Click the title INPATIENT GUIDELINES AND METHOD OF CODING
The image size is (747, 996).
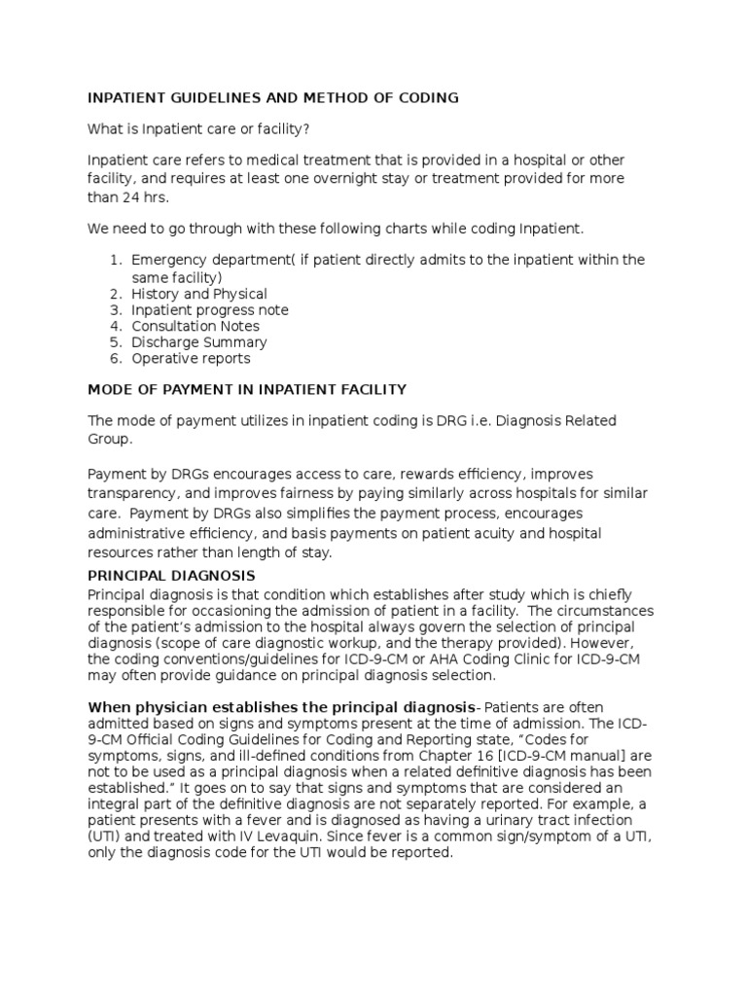(x=273, y=98)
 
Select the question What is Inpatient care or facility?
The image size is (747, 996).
(x=201, y=129)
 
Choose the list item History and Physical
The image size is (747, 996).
(x=199, y=294)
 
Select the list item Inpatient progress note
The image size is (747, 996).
(x=210, y=310)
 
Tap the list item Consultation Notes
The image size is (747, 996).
(x=196, y=326)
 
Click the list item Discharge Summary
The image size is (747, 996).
(x=199, y=342)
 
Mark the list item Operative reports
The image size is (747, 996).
(x=191, y=358)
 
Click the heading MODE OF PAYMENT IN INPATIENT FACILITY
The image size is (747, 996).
(x=247, y=389)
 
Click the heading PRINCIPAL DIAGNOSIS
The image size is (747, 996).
(x=171, y=576)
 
